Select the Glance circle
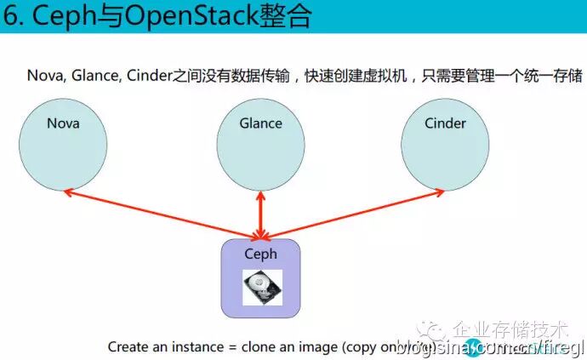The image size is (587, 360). [x=260, y=145]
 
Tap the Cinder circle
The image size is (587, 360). [x=445, y=145]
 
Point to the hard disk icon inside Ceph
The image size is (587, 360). [x=261, y=288]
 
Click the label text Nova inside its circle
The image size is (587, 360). [x=63, y=124]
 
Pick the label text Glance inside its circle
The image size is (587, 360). [x=260, y=123]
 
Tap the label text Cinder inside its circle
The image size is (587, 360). [x=445, y=123]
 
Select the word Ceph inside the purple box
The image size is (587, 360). [x=261, y=254]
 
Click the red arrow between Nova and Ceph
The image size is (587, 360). [x=162, y=214]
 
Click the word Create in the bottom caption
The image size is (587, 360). [x=128, y=347]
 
